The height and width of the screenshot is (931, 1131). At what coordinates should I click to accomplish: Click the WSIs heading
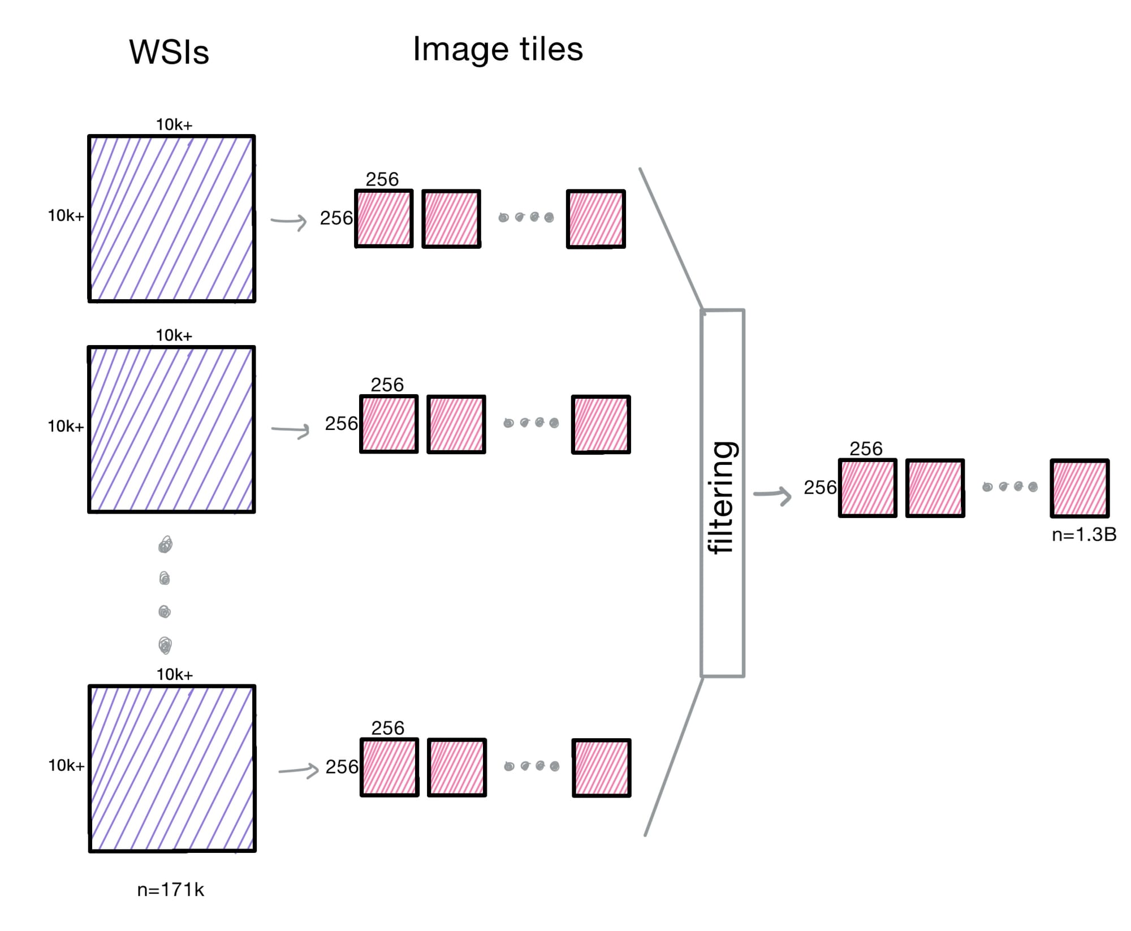tap(169, 52)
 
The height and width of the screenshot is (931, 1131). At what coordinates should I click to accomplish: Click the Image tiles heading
tap(498, 49)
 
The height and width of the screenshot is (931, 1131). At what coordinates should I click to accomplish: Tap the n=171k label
tap(170, 890)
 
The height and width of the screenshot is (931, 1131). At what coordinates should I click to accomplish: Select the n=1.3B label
tap(1083, 535)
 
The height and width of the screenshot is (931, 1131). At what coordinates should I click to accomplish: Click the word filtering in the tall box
tap(722, 497)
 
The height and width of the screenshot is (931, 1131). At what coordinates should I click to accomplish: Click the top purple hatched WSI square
tap(171, 218)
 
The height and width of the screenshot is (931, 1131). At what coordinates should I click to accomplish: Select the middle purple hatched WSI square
tap(171, 429)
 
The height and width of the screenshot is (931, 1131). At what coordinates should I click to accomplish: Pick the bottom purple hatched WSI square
tap(172, 768)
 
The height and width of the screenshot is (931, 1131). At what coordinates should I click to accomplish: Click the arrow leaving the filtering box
tap(773, 495)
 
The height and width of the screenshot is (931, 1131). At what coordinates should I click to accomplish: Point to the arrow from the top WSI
tap(289, 221)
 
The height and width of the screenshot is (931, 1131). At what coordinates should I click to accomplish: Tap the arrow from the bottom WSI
tap(299, 770)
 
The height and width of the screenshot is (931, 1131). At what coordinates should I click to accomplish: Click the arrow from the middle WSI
tap(291, 430)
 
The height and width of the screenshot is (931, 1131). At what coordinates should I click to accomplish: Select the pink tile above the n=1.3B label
tap(1080, 488)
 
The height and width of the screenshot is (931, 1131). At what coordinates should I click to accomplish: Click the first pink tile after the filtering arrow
tap(867, 488)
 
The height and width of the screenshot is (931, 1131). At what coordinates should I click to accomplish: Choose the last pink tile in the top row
tap(596, 219)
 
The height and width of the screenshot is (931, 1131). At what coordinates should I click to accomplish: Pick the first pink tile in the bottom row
tap(390, 768)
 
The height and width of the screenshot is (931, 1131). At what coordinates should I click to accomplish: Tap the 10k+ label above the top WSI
tap(174, 124)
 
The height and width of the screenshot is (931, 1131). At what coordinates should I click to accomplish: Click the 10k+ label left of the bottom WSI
tap(66, 765)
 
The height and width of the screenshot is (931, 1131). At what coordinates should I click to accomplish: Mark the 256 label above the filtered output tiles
tap(866, 449)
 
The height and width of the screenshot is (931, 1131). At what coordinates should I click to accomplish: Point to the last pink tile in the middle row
tap(601, 425)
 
